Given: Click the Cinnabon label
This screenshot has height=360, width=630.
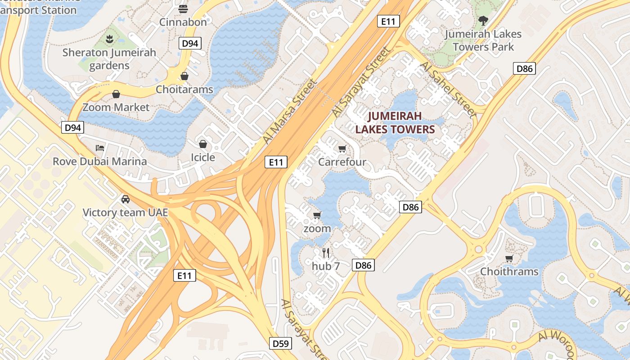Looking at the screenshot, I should coord(183,22).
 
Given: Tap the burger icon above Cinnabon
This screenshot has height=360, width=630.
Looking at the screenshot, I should coord(183,9).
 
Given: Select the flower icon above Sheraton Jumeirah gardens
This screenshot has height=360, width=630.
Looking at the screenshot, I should coord(109,39).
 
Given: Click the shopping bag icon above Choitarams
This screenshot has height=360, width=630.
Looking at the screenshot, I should coord(184,76).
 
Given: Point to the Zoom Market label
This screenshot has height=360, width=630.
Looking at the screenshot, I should coord(116,107).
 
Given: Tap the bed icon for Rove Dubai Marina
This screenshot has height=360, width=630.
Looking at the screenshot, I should coord(100,148).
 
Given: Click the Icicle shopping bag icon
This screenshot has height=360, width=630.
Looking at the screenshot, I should coord(203,144).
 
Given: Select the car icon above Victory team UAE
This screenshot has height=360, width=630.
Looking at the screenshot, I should coord(126,199).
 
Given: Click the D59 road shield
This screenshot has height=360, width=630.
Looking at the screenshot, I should coord(281,344).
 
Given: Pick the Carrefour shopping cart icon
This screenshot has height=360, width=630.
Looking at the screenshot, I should coord(342,149).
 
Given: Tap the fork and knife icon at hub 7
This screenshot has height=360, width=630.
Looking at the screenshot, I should coord(326,253).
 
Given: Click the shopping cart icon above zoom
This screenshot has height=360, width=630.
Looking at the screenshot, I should coord(317,215).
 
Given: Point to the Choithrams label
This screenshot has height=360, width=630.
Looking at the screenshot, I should coord(509,271).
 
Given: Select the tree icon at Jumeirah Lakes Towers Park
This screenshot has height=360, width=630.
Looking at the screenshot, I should coord(483,20).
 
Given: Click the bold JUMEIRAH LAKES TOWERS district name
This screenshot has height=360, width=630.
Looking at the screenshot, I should coord(395,123).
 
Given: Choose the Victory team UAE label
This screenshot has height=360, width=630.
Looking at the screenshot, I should coord(125,212).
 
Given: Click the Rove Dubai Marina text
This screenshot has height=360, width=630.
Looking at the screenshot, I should coord(99,161).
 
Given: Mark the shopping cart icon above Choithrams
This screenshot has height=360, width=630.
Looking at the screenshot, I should coord(509,258).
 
